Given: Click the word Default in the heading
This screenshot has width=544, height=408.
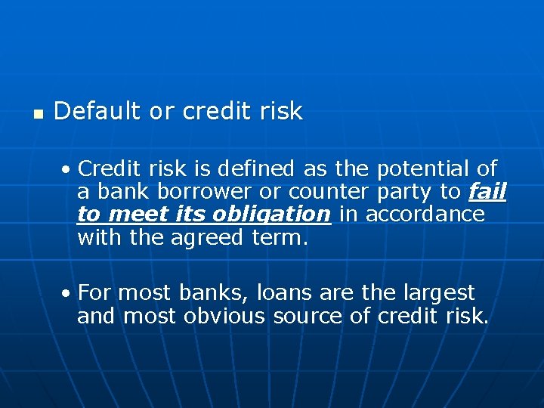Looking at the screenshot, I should pyautogui.click(x=97, y=112).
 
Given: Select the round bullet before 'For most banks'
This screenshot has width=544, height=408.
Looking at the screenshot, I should pyautogui.click(x=68, y=293).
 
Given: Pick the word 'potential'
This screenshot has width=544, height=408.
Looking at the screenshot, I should pyautogui.click(x=423, y=168).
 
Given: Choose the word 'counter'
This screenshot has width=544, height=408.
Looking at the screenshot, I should pyautogui.click(x=325, y=192).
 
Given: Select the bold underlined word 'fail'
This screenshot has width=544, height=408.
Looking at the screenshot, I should pyautogui.click(x=487, y=192).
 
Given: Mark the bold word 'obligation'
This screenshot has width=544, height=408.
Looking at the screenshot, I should pyautogui.click(x=271, y=215).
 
